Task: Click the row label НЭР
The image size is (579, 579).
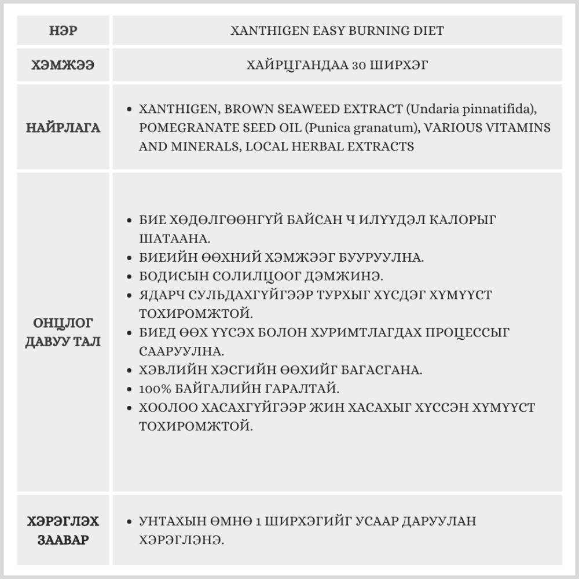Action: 63,31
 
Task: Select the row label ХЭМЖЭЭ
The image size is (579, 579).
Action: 63,65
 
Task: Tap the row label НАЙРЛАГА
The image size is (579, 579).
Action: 63,128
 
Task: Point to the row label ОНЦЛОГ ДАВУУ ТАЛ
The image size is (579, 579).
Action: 63,332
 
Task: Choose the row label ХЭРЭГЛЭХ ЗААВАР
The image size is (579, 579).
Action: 63,530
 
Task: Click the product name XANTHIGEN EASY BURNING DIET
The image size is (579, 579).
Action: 337,31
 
